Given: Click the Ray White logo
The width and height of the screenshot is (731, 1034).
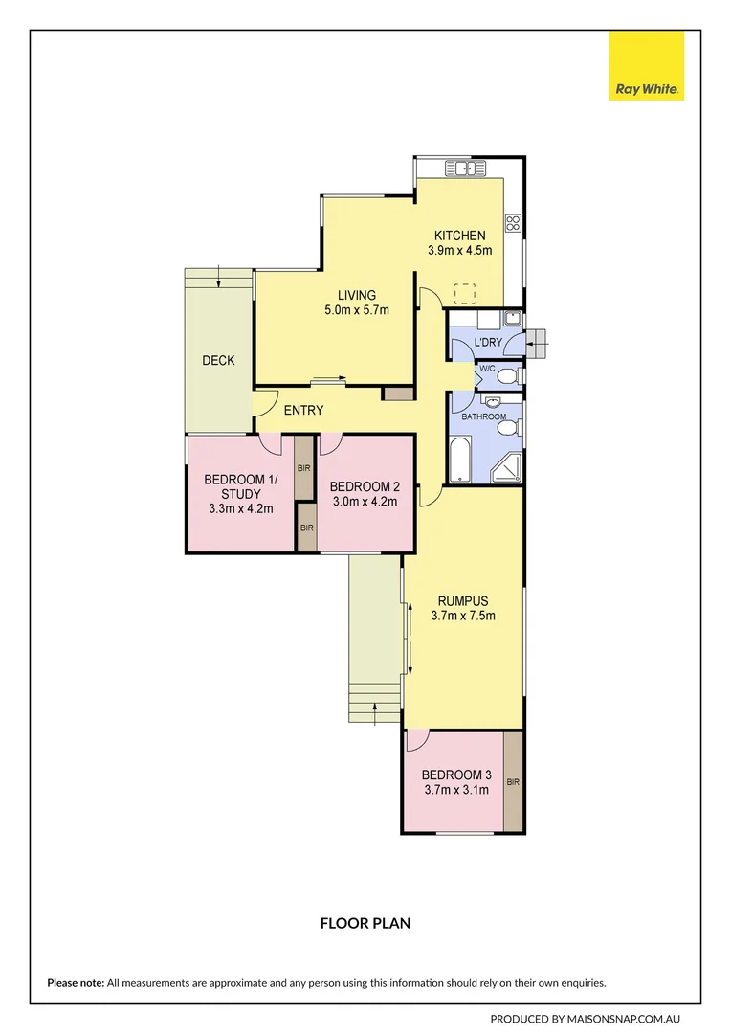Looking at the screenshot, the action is coord(646,65).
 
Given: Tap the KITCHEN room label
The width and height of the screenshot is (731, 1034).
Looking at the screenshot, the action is coord(460,236).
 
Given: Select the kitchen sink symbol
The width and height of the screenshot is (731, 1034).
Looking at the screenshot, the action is coord(466,169).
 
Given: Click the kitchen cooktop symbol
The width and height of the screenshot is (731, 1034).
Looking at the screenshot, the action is coord(514,223).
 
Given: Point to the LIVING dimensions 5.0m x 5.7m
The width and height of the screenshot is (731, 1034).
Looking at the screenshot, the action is coord(357,310).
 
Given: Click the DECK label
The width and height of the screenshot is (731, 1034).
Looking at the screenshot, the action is coord(218,360).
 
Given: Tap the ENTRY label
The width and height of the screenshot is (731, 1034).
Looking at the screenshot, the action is coord(303,410).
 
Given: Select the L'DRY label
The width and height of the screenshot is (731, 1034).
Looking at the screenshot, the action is coord(488,342).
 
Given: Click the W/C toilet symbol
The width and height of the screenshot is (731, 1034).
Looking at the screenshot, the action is coord(509,376).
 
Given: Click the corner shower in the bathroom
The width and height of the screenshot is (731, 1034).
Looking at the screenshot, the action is coord(506,467).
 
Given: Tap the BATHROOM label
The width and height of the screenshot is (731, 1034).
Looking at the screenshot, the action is coord(484,416).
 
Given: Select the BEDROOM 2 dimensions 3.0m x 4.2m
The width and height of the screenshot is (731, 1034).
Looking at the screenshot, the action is coord(365,501).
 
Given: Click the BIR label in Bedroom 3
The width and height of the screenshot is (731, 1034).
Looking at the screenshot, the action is coord(514,782).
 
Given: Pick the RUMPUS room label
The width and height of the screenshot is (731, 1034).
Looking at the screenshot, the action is coord(463,600).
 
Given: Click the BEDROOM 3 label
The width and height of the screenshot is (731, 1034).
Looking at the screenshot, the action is coord(456,775).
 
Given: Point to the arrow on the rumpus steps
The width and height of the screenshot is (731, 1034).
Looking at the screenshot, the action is coord(374,713).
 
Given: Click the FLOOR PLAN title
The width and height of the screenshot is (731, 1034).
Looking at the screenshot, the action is coord(365,923).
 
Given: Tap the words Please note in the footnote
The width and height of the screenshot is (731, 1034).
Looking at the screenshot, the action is coord(76,983).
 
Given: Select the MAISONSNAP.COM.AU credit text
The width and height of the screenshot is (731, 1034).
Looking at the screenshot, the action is coord(624,1019).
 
